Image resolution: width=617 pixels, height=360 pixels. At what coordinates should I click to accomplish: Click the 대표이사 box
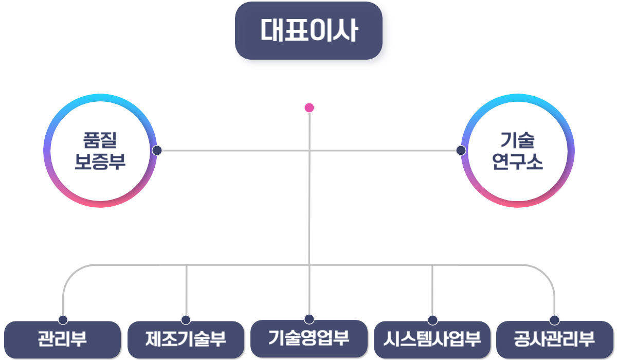pyautogui.click(x=312, y=34)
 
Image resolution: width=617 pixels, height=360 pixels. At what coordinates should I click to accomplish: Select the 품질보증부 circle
pyautogui.click(x=100, y=151)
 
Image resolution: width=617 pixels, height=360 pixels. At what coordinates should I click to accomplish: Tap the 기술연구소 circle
pyautogui.click(x=517, y=151)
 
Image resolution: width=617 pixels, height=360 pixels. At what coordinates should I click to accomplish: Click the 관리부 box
pyautogui.click(x=62, y=339)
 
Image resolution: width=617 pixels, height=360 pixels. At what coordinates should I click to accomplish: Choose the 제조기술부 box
pyautogui.click(x=186, y=339)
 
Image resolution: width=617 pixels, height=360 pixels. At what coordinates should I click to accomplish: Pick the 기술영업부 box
pyautogui.click(x=309, y=338)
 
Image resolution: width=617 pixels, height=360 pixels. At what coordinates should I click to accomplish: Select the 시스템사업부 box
pyautogui.click(x=432, y=339)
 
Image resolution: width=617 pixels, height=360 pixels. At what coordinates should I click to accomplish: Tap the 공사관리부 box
pyautogui.click(x=554, y=339)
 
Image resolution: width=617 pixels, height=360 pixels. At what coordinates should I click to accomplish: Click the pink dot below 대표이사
pyautogui.click(x=309, y=108)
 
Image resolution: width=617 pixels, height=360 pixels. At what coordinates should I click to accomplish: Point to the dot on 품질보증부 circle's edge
pyautogui.click(x=157, y=151)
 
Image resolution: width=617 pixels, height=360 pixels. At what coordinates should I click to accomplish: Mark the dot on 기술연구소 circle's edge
pyautogui.click(x=461, y=151)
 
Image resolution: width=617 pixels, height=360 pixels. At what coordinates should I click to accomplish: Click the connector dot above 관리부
pyautogui.click(x=63, y=320)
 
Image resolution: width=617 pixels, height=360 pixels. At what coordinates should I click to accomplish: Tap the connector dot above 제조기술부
pyautogui.click(x=186, y=320)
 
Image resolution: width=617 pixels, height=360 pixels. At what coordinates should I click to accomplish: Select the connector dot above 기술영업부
pyautogui.click(x=309, y=319)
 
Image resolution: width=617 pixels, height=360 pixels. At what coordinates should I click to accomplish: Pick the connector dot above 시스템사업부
pyautogui.click(x=432, y=320)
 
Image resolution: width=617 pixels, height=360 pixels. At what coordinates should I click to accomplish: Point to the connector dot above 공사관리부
pyautogui.click(x=554, y=320)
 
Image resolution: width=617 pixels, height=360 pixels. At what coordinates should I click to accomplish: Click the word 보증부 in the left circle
pyautogui.click(x=100, y=163)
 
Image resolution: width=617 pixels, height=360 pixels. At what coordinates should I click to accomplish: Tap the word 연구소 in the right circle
pyautogui.click(x=517, y=163)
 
